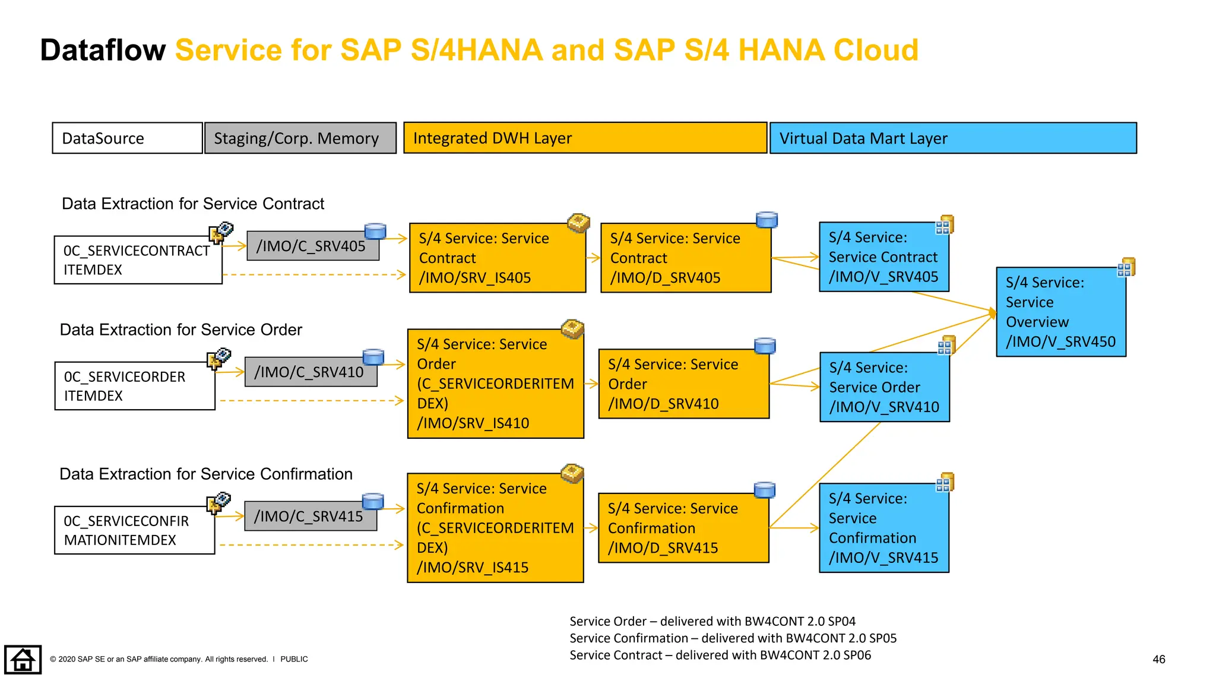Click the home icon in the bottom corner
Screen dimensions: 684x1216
tap(23, 660)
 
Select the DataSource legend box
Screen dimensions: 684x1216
tap(127, 138)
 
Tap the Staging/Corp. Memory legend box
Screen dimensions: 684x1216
tap(300, 138)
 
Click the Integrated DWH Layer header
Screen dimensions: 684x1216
tap(585, 138)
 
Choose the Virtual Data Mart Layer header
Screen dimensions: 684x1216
tap(952, 138)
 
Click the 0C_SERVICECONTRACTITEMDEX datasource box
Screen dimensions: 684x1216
tap(138, 260)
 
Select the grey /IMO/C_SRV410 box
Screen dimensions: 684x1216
tap(310, 372)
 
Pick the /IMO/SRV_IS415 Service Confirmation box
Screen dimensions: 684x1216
tap(495, 528)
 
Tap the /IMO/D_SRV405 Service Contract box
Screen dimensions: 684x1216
tap(685, 258)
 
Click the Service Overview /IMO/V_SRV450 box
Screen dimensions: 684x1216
tap(1060, 312)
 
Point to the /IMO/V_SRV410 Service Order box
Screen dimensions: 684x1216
tap(884, 387)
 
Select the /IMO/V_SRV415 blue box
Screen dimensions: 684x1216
tap(883, 528)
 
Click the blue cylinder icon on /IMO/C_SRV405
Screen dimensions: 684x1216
tap(375, 231)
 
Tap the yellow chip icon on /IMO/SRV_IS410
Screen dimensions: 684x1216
tap(572, 328)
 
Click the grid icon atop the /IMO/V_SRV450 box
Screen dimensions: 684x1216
tap(1126, 268)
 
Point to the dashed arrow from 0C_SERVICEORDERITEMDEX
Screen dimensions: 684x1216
tap(311, 401)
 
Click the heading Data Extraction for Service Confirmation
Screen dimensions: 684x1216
tap(205, 474)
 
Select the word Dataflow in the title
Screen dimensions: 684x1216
tap(103, 50)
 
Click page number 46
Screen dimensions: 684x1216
tap(1158, 659)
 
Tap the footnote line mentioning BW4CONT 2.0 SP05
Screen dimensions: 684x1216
tap(733, 638)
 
